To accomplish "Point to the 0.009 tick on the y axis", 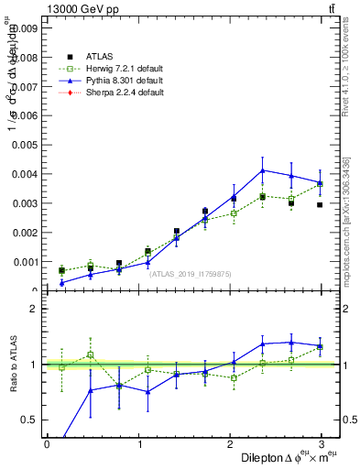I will point(26,28).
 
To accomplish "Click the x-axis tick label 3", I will point(325,444).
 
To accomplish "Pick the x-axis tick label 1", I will point(139,444).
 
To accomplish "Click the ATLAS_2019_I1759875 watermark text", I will point(191,273).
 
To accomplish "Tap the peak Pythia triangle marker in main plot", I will point(263,170).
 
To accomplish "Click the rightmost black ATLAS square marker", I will point(320,204).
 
